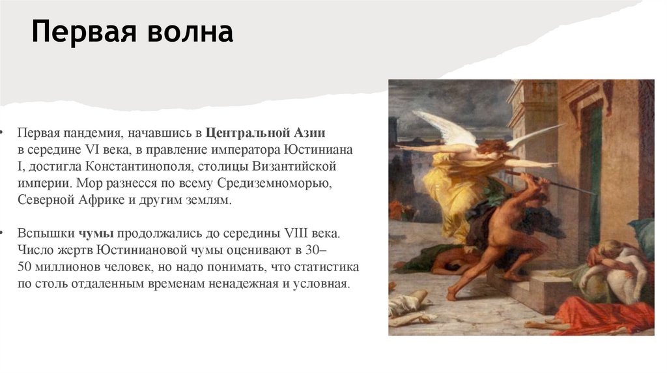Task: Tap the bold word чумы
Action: pyautogui.click(x=96, y=234)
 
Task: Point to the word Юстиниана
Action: pyautogui.click(x=321, y=150)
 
